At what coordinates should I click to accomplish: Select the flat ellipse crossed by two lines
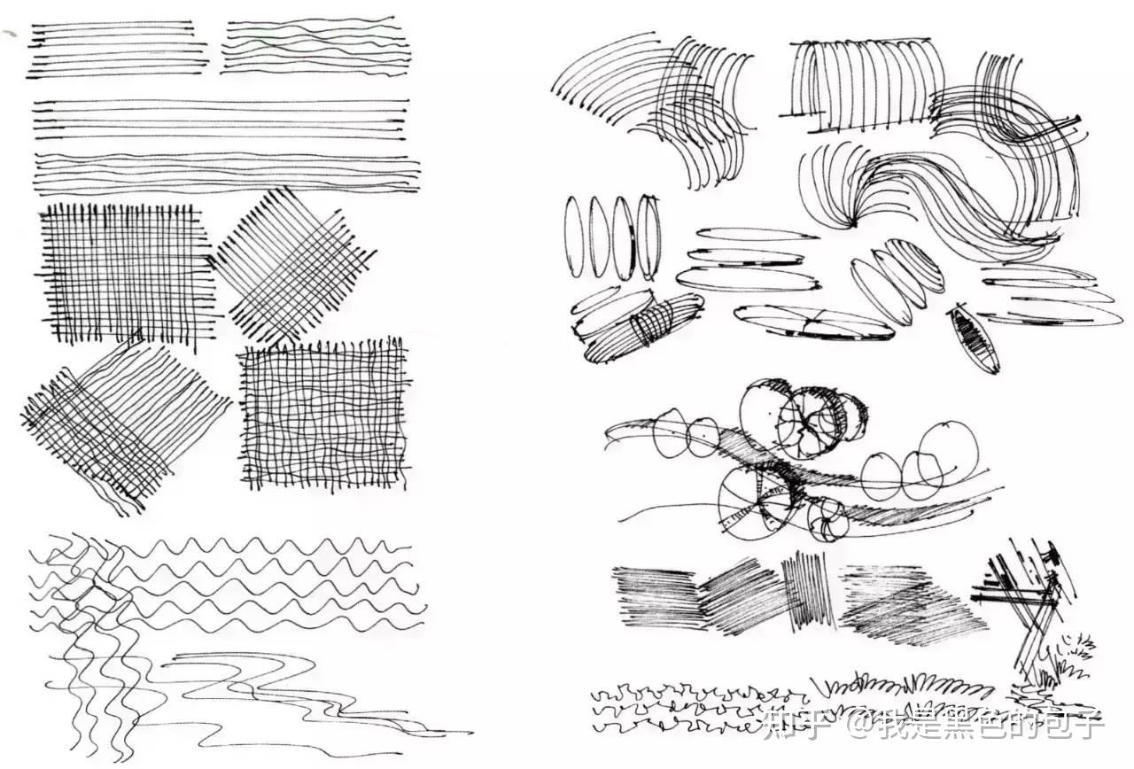(813, 322)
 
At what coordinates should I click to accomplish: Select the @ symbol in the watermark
(855, 725)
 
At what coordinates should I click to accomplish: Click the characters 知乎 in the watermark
(796, 724)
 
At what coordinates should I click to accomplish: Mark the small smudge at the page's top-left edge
(9, 35)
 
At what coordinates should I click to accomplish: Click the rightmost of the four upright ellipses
(648, 237)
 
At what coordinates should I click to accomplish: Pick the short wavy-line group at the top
(315, 47)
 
